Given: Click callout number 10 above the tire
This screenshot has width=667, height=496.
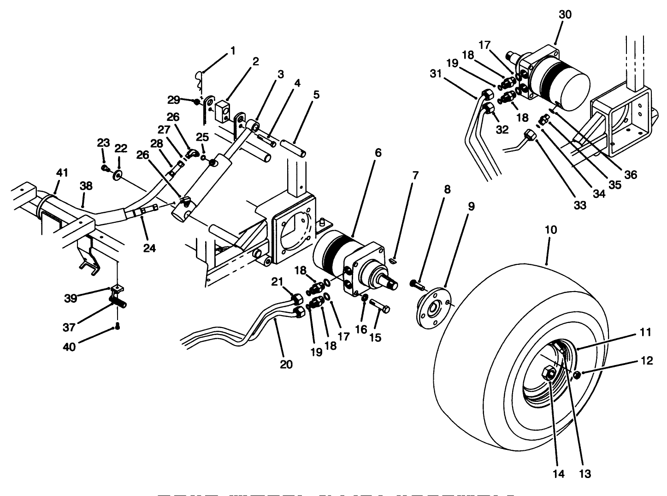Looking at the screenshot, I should point(551,229).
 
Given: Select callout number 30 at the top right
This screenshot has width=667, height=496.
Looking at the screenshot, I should point(565,15).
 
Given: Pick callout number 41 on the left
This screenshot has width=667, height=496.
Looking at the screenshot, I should point(62,173).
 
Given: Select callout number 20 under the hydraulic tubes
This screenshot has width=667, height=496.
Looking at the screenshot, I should point(286,365).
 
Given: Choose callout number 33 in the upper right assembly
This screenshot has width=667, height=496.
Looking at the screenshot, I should point(579,205).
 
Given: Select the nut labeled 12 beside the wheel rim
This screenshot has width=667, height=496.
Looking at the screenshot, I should point(577,375).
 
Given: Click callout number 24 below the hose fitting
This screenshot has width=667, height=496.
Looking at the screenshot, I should point(149,248).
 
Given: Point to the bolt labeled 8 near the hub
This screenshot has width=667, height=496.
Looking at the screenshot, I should point(416,283).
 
